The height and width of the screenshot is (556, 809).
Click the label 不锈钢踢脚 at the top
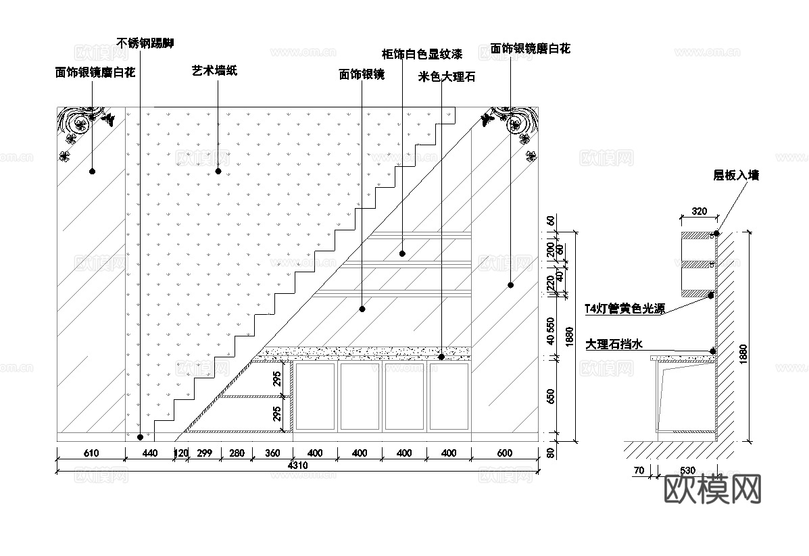145,43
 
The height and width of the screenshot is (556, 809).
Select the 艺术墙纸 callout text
214,70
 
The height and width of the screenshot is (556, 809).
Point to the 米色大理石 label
447,76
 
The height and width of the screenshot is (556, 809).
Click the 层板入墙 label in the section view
736,175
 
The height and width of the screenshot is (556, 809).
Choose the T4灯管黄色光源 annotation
624,309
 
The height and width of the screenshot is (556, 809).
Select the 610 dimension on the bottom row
91,453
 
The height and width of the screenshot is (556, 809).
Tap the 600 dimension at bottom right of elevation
504,453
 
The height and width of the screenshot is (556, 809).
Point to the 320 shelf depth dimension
700,211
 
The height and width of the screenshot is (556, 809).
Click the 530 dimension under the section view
687,470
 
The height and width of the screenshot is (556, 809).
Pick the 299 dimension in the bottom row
204,453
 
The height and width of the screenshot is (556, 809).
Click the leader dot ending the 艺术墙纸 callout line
218,172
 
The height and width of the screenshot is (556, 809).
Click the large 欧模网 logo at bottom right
713,488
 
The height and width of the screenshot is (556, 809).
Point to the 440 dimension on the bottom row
150,453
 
